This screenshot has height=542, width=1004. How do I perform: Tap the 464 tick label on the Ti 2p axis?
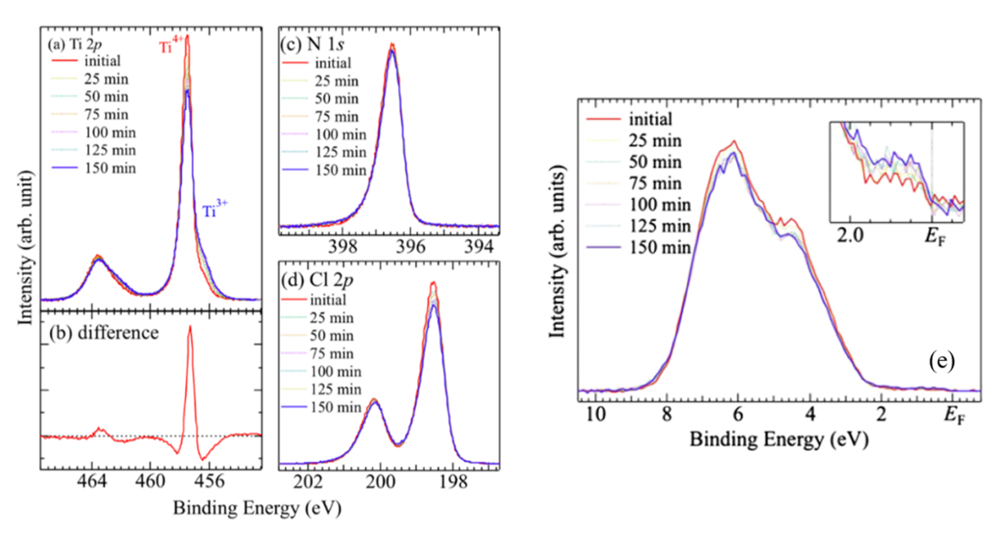coord(92,481)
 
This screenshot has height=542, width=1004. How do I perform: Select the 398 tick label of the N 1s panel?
coord(343,247)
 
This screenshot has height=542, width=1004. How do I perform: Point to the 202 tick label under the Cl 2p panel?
coord(308,482)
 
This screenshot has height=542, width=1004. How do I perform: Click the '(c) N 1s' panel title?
coord(312,45)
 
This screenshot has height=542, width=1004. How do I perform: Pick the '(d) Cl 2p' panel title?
coord(317,280)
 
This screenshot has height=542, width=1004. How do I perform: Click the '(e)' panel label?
coord(941,361)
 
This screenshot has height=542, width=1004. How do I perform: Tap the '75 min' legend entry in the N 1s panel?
coord(336,116)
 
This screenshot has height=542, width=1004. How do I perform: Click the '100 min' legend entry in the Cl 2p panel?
coord(335,371)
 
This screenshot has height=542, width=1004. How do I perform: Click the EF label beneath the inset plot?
coord(935,236)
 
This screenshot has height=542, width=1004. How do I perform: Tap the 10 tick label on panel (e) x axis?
coord(595,414)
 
